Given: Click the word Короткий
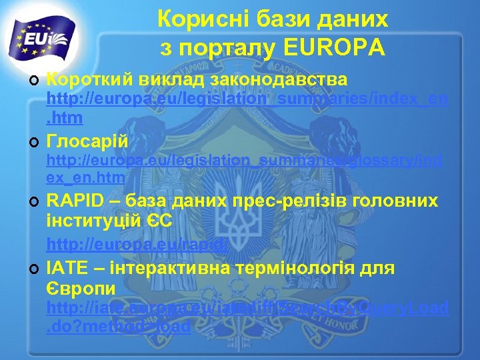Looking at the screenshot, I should (x=90, y=80).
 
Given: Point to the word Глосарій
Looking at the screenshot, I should (x=87, y=141).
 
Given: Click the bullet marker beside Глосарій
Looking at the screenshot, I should (x=33, y=141).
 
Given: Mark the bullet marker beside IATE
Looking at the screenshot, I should (x=33, y=269).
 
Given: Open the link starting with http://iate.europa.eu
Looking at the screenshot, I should (x=247, y=309).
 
